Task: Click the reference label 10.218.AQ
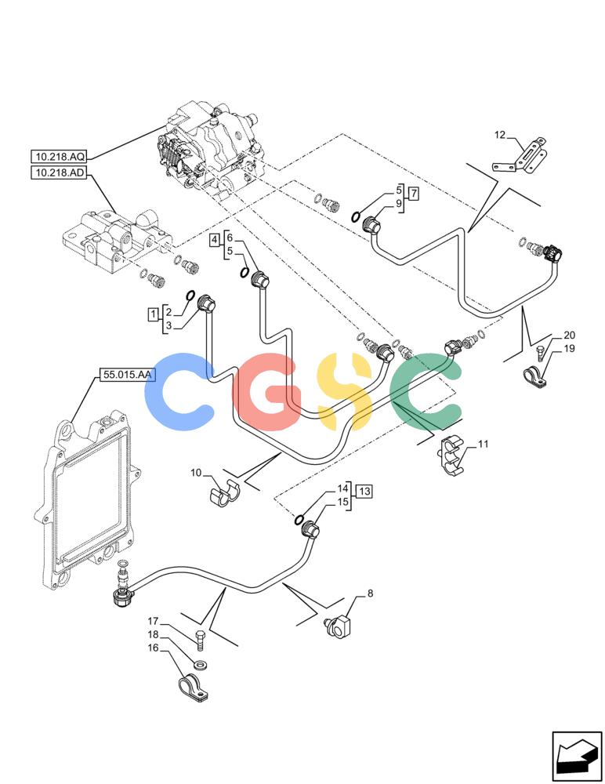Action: [60, 157]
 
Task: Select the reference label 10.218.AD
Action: [60, 173]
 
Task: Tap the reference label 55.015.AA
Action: [128, 375]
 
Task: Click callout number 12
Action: [500, 135]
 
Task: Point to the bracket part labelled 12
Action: [521, 157]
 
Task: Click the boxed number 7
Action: [413, 194]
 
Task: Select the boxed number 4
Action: [215, 240]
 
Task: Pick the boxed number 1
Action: [153, 314]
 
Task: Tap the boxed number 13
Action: [364, 491]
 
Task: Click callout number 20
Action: [569, 335]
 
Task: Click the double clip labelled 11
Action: [451, 456]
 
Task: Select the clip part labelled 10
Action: [224, 493]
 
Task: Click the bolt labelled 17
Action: [200, 641]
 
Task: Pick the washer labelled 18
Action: [201, 666]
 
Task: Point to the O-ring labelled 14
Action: [299, 520]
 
